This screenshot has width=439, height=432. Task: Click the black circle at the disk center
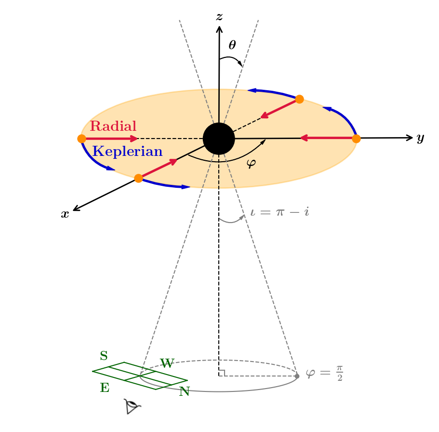click(219, 139)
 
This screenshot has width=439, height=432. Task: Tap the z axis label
click(219, 17)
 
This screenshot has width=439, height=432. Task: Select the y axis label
click(420, 139)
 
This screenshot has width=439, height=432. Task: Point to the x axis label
click(65, 214)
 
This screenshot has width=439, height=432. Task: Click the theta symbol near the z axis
click(232, 45)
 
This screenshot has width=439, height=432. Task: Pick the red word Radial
click(113, 126)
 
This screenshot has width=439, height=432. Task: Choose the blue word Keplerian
click(127, 152)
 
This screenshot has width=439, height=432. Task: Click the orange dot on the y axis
click(356, 139)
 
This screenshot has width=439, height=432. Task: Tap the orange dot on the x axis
click(138, 178)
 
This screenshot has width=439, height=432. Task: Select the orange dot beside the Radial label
click(81, 139)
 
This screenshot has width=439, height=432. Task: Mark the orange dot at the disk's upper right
click(299, 99)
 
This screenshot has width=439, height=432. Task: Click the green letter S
click(104, 356)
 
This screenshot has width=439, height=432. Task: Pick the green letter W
click(167, 363)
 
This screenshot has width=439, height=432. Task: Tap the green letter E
click(105, 388)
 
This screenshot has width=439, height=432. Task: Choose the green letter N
click(184, 391)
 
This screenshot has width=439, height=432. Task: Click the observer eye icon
click(132, 406)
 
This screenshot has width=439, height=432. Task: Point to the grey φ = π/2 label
click(324, 374)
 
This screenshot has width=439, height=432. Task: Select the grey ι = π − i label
click(279, 212)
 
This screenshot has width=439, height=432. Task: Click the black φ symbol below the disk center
click(251, 164)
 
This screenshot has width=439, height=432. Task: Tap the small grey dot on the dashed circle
click(297, 376)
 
